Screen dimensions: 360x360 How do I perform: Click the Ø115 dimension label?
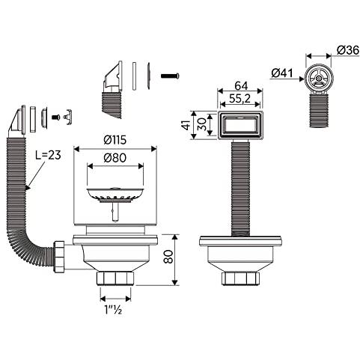click(115, 140)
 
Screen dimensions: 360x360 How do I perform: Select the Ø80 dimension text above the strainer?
click(115, 158)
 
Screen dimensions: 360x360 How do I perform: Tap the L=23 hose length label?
click(48, 155)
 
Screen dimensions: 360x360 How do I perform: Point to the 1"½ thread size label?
click(113, 310)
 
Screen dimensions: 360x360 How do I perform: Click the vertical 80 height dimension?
click(168, 257)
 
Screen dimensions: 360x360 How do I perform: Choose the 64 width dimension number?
click(241, 86)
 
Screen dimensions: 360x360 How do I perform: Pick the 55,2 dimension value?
click(240, 99)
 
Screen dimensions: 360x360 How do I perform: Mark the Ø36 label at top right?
click(348, 50)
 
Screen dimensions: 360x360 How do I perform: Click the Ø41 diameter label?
click(282, 73)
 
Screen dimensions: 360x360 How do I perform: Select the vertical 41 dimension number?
click(187, 124)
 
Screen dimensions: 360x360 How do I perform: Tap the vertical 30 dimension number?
click(201, 124)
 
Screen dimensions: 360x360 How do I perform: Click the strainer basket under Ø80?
click(115, 195)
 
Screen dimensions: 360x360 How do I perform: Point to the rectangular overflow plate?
click(240, 126)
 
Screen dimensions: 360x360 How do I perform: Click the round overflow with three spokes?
click(318, 78)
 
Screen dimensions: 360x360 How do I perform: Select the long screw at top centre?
click(170, 75)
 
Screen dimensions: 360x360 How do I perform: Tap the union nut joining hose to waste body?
click(59, 257)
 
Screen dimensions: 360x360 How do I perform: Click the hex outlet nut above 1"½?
click(115, 278)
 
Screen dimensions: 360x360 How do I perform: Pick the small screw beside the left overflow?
click(55, 117)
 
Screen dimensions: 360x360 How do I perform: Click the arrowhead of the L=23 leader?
click(27, 187)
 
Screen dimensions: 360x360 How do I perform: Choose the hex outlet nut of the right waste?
click(240, 278)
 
